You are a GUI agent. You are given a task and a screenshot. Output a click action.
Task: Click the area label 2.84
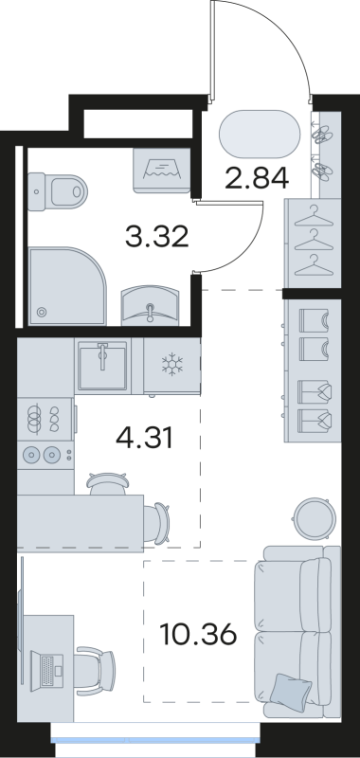(x=257, y=177)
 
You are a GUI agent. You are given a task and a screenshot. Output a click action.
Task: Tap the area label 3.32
(x=156, y=237)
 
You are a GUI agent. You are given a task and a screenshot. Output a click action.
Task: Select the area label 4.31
(x=144, y=439)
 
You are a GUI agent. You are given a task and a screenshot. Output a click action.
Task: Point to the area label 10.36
(x=198, y=635)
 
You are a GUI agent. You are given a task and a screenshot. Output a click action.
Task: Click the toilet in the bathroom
(x=57, y=192)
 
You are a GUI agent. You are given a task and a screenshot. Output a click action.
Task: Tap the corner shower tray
(x=66, y=286)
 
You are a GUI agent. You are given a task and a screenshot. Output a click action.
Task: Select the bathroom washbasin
(x=150, y=304)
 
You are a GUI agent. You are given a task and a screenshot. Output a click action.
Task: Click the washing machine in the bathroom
(x=161, y=171)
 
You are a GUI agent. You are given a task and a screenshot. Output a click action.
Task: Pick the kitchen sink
(x=102, y=365)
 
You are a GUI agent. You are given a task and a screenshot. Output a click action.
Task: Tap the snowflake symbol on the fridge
(x=172, y=364)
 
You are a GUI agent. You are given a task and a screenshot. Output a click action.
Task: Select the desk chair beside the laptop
(x=95, y=671)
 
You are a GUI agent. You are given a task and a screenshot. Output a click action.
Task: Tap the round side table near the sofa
(x=315, y=518)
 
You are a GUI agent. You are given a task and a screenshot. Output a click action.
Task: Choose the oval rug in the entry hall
(x=260, y=134)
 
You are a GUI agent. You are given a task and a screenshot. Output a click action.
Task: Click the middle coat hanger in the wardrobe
(x=315, y=242)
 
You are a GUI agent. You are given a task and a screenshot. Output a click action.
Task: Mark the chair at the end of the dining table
(x=157, y=524)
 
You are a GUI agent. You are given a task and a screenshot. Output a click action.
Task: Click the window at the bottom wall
(x=154, y=740)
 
